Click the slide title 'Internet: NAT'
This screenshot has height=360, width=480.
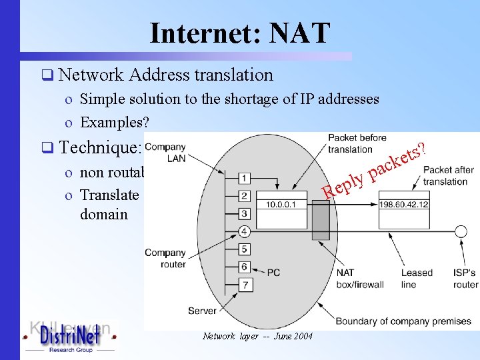pyautogui.click(x=240, y=33)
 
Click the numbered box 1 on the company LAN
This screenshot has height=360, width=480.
pyautogui.click(x=245, y=179)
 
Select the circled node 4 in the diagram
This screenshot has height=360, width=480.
pyautogui.click(x=245, y=231)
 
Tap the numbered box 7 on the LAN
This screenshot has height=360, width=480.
pyautogui.click(x=245, y=285)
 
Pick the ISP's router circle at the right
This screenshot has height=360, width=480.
pyautogui.click(x=460, y=231)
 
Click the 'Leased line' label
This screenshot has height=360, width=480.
pyautogui.click(x=417, y=279)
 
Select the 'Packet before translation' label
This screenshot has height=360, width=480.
pyautogui.click(x=357, y=143)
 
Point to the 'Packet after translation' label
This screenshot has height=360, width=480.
pyautogui.click(x=448, y=176)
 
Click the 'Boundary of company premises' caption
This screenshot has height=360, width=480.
pyautogui.click(x=404, y=321)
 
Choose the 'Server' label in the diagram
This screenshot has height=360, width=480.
pyautogui.click(x=202, y=311)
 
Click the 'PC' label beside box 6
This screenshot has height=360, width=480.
pyautogui.click(x=274, y=272)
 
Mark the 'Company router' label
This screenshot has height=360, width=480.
pyautogui.click(x=165, y=259)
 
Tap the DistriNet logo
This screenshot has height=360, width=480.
pyautogui.click(x=70, y=337)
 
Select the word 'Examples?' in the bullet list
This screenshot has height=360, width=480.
pyautogui.click(x=113, y=123)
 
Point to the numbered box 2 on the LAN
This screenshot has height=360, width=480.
pyautogui.click(x=245, y=196)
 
